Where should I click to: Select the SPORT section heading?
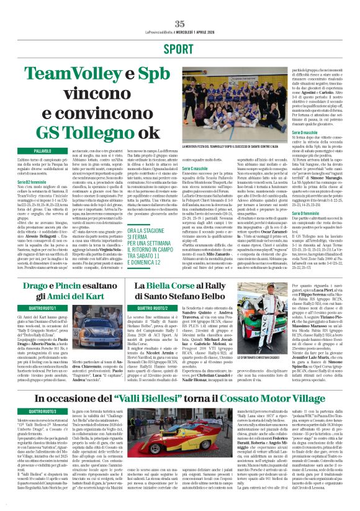point(179,48)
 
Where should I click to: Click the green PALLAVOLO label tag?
point(42,151)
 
